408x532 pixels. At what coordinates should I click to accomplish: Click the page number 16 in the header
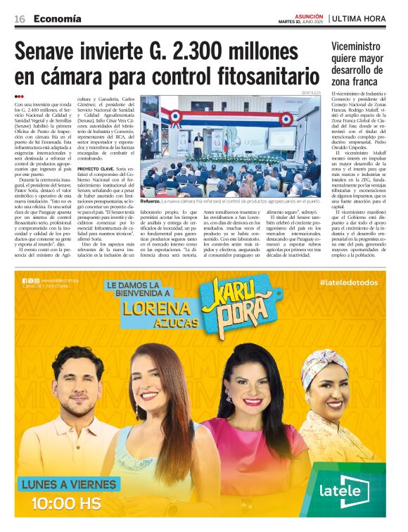[19, 18]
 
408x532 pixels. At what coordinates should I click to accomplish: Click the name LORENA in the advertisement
[156, 310]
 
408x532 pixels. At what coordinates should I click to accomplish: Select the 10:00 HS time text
[67, 505]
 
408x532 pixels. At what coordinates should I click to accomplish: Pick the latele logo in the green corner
[350, 494]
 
